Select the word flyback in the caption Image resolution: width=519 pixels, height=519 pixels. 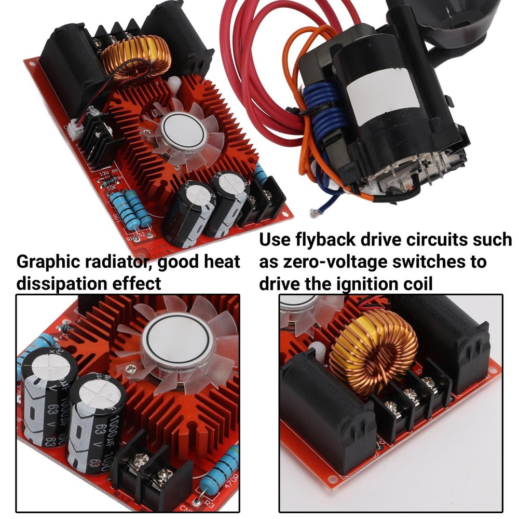325,240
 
